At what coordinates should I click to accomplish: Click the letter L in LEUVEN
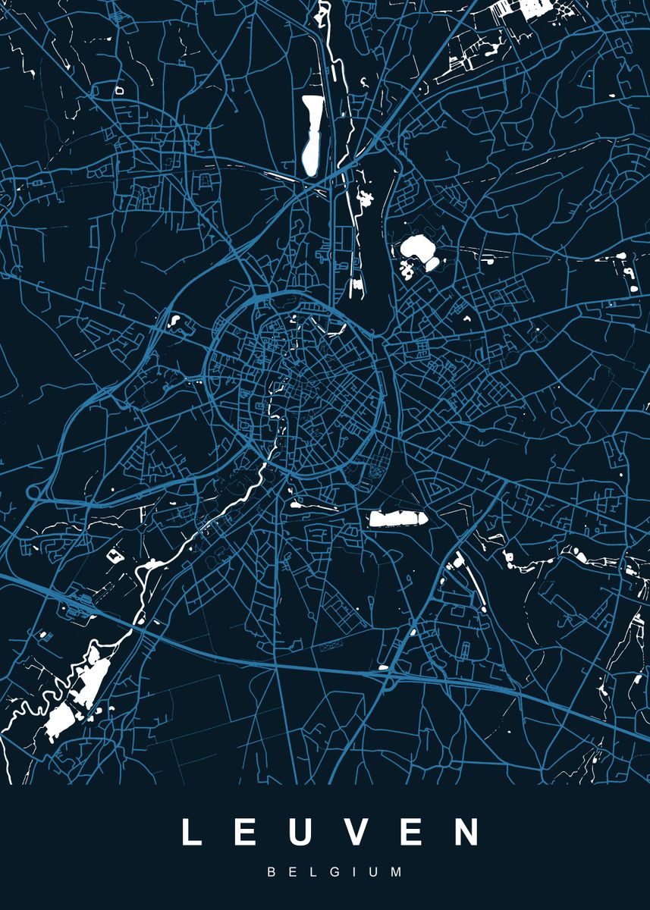tap(190, 832)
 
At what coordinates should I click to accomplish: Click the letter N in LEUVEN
tap(467, 832)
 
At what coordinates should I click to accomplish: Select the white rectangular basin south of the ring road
tap(398, 519)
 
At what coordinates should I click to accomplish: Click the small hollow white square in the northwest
tap(119, 90)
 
